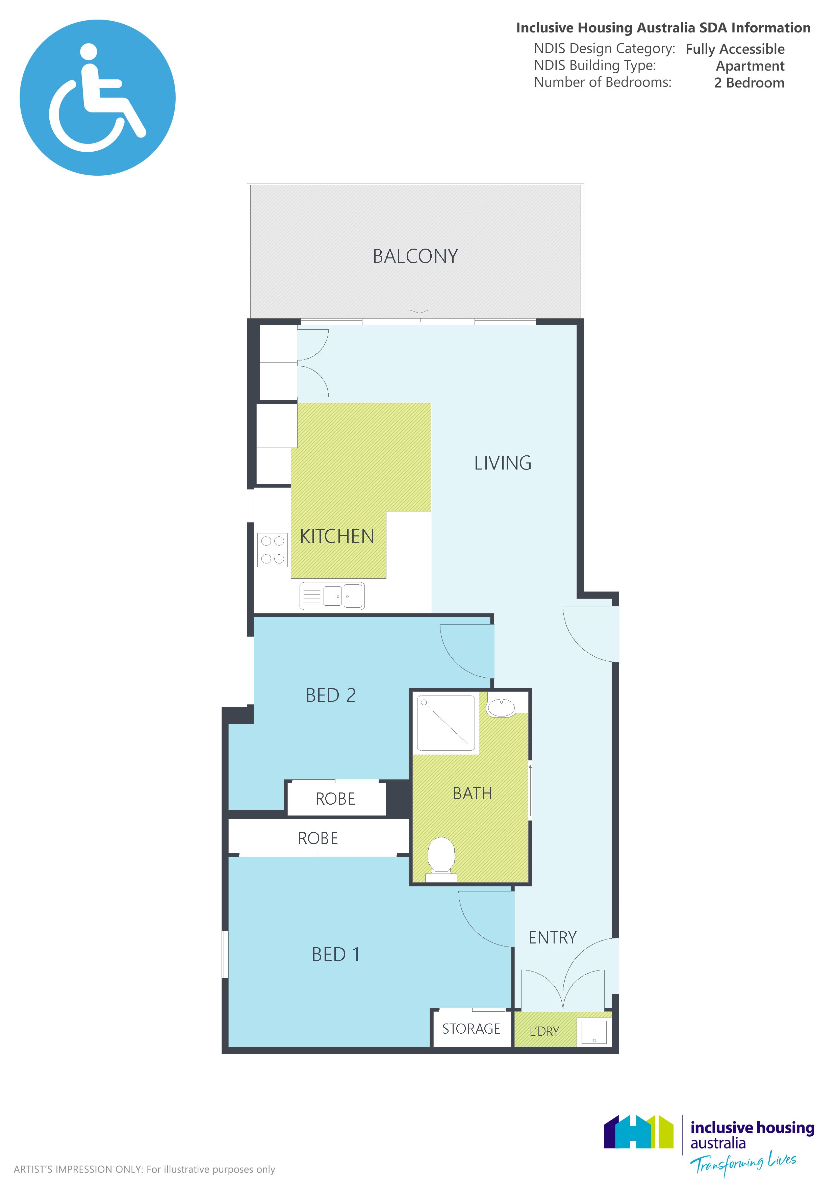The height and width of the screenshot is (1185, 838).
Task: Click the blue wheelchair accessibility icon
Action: (98, 98)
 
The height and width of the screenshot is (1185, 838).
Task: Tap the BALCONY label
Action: (415, 256)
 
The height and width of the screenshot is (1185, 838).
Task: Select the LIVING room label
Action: (503, 463)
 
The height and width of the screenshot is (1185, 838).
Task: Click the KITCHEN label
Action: (337, 537)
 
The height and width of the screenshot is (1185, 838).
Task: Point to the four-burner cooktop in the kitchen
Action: (273, 550)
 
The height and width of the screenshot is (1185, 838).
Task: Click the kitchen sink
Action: (332, 596)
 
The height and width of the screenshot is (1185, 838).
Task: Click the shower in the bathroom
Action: (446, 723)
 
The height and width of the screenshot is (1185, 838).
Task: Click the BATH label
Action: (472, 793)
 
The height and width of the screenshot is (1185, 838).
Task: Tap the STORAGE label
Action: (471, 1029)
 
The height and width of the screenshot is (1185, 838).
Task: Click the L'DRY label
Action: (544, 1031)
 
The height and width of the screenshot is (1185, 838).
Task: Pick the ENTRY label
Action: (553, 937)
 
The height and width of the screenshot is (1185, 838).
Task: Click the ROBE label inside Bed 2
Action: (335, 799)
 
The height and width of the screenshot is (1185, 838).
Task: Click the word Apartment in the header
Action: (750, 66)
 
